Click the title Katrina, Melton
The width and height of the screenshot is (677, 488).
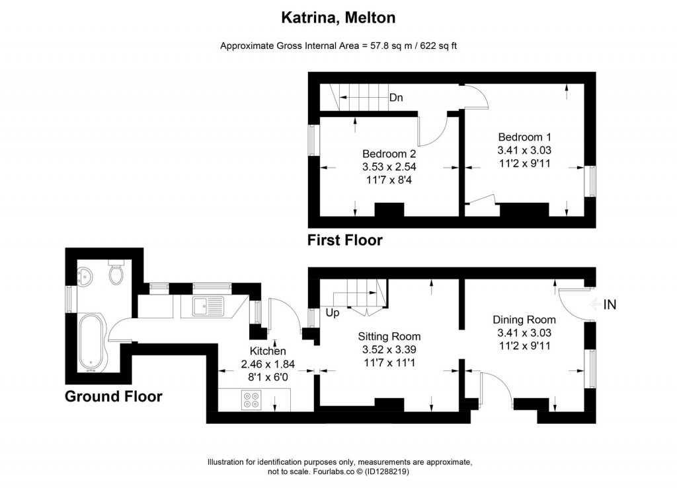(x=338, y=18)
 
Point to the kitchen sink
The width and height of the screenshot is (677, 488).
(x=208, y=306)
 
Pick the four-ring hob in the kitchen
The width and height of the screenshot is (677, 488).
(x=252, y=400)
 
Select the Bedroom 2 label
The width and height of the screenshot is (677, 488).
(x=389, y=153)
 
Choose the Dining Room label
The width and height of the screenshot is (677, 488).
(x=524, y=320)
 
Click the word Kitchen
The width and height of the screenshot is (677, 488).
(x=267, y=351)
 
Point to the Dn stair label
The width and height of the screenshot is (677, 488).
(x=396, y=98)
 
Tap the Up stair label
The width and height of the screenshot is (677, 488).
(x=331, y=312)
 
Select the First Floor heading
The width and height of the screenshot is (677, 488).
(x=344, y=240)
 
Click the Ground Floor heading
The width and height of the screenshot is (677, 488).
(x=113, y=396)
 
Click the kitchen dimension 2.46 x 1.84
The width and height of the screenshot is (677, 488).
(x=267, y=363)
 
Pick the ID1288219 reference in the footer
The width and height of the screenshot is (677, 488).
(x=386, y=471)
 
